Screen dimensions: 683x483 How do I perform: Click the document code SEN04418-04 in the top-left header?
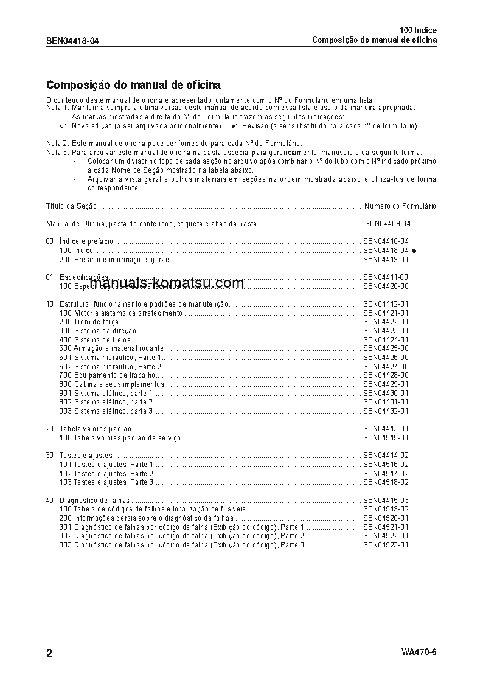[72, 41]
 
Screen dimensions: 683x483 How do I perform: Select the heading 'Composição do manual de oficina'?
[133, 85]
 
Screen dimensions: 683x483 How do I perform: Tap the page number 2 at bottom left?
[50, 654]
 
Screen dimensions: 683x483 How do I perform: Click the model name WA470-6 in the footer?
[419, 652]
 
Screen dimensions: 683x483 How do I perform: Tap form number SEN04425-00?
[386, 348]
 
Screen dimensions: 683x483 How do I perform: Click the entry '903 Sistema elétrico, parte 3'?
[106, 411]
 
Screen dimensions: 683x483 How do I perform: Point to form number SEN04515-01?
[386, 438]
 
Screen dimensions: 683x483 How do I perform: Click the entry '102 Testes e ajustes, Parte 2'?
[106, 473]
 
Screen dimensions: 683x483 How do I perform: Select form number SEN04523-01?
[386, 545]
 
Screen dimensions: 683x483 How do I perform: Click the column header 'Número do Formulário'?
[400, 206]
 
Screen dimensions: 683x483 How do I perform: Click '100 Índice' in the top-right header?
[418, 30]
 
